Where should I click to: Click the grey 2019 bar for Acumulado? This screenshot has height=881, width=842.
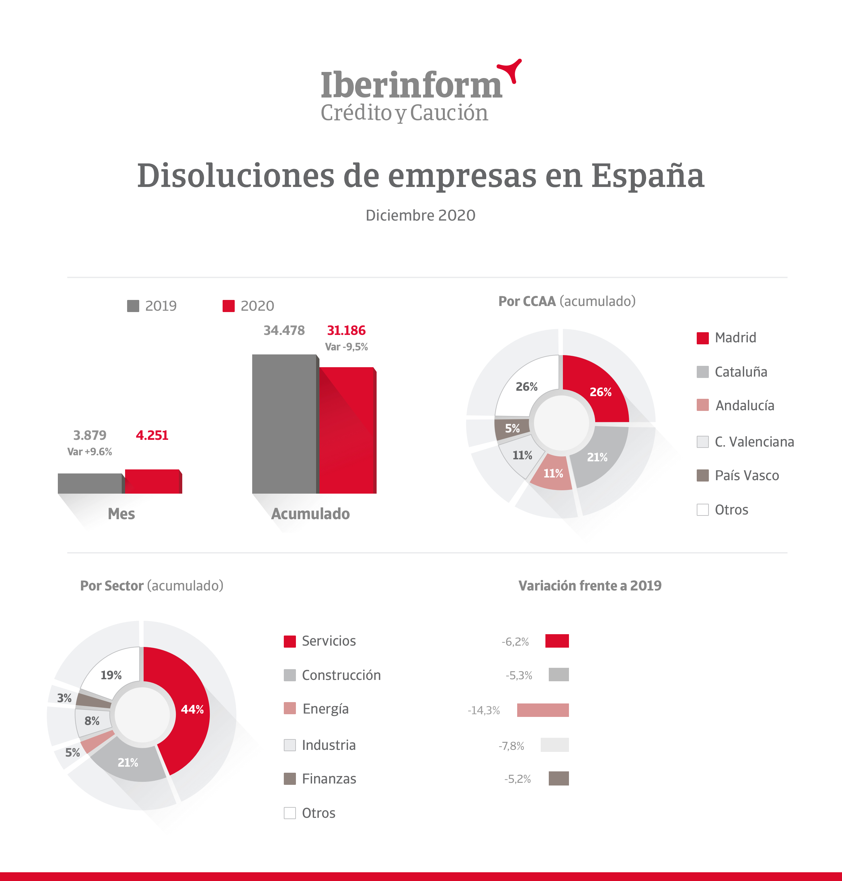pos(284,424)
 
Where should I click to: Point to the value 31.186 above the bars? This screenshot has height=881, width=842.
pos(346,331)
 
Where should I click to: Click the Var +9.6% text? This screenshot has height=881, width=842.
pos(89,452)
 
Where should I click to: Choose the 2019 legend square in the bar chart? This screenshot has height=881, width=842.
pos(133,306)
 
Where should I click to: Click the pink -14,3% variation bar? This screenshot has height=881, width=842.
pos(543,710)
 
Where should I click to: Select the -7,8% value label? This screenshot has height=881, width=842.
pos(511,746)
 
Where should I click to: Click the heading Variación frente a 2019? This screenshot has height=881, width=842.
pos(590,586)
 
